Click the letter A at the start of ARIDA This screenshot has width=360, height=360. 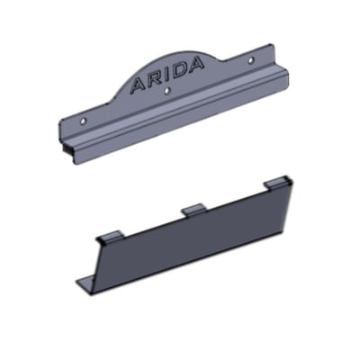click(x=138, y=85)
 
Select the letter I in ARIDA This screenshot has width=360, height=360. click(x=166, y=75)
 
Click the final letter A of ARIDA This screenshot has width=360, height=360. click(x=195, y=63)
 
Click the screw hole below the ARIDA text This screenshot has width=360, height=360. click(x=167, y=89)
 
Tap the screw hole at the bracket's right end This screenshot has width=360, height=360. click(x=250, y=60)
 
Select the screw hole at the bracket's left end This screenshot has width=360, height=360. click(x=84, y=121)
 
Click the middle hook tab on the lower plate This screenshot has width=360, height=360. click(x=193, y=209)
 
